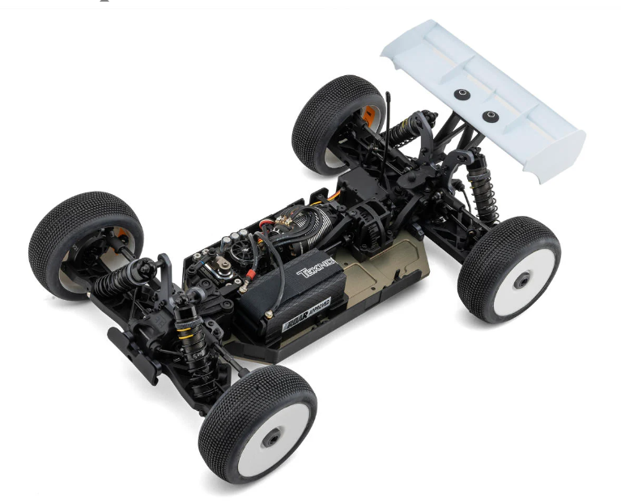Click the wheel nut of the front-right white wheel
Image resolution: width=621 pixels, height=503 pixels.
pos(273,434)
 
